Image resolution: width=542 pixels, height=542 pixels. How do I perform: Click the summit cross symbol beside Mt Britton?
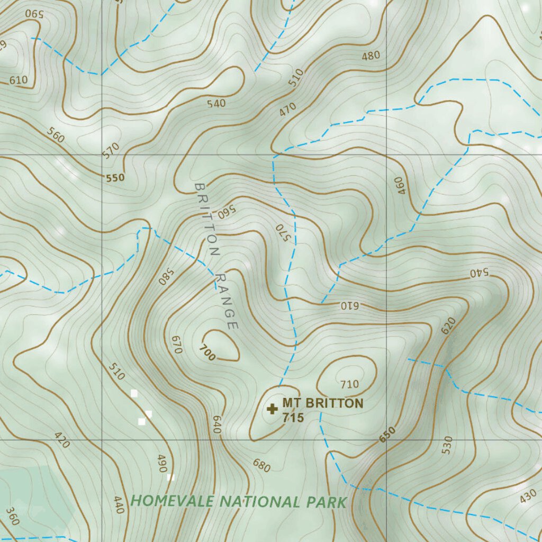point(273,409)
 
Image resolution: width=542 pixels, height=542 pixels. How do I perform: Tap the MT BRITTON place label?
point(323,403)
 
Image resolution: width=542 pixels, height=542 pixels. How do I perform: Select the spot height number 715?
point(293,418)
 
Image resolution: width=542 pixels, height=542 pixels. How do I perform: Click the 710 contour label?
point(350,384)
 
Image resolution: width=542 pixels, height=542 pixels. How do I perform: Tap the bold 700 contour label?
point(207,353)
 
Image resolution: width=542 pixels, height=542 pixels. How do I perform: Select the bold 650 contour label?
point(387,435)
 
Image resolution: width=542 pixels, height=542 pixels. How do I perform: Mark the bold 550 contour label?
point(115,178)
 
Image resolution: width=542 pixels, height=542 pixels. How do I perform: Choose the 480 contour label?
point(371,56)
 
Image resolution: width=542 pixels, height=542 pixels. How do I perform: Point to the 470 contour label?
point(288,110)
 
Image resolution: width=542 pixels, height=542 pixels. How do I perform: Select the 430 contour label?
point(528,497)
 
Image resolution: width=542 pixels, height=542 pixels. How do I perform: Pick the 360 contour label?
point(12,517)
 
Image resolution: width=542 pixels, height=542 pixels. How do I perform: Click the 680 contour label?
point(261,466)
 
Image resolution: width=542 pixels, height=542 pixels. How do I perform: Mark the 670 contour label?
point(177,345)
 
